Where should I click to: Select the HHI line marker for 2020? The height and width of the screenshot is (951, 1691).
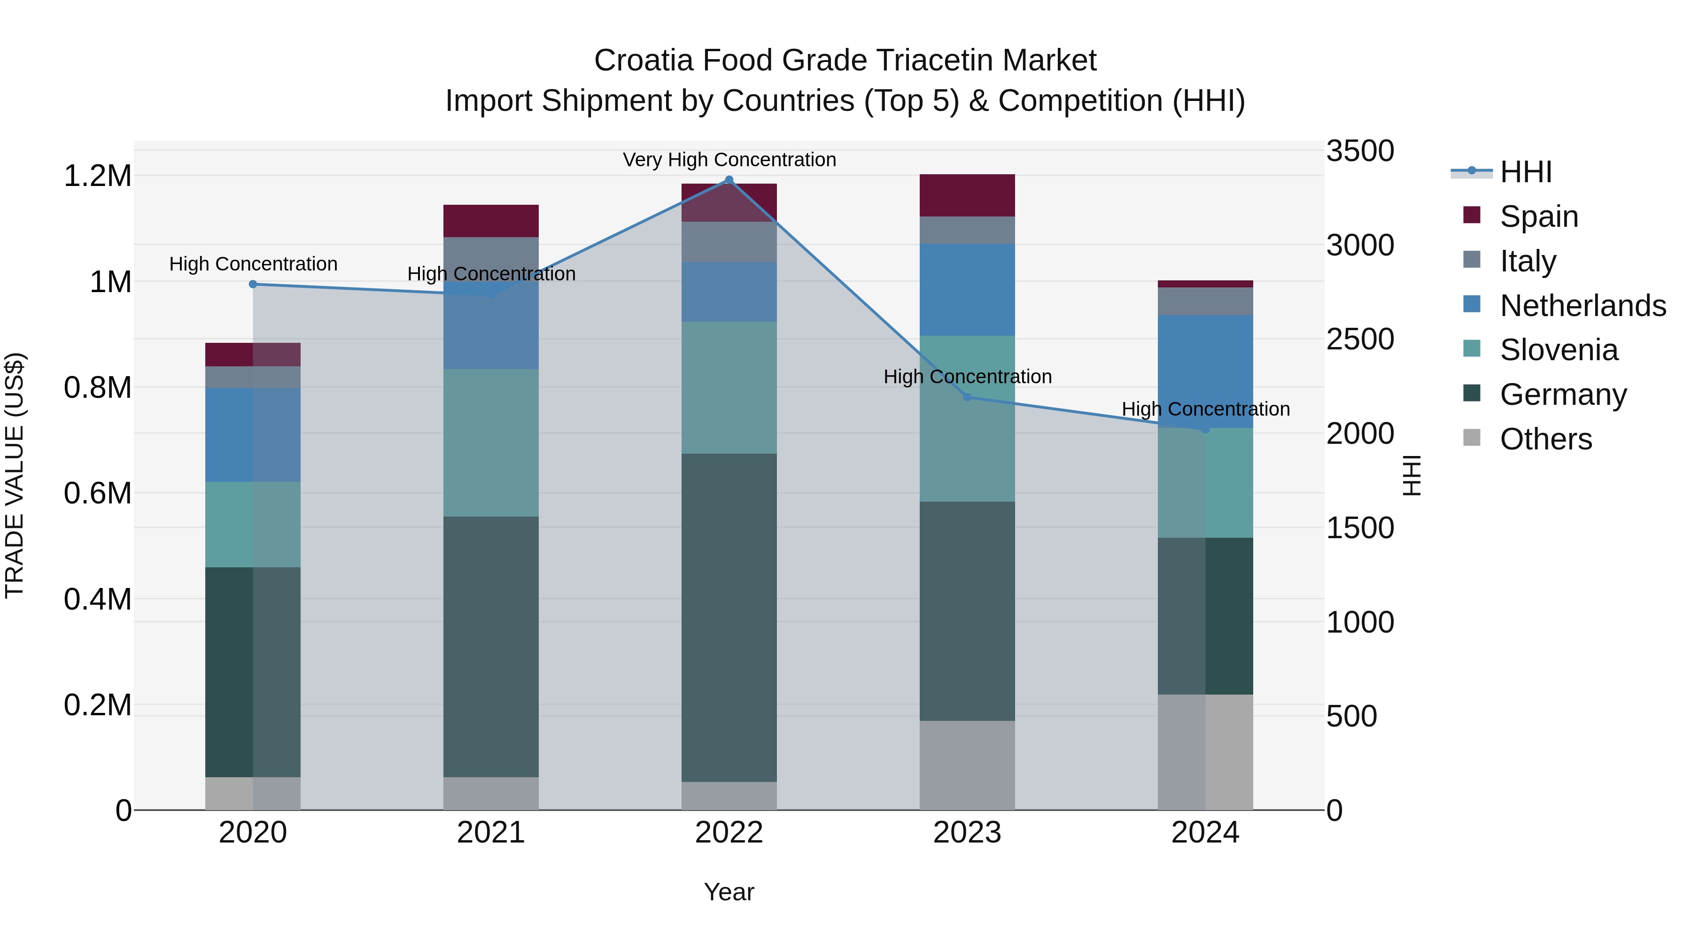coord(253,284)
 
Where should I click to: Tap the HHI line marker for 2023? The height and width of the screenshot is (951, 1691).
coord(967,397)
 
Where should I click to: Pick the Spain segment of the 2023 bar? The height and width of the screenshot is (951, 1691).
coord(967,195)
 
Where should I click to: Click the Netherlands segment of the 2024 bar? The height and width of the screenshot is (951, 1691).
coord(1205,371)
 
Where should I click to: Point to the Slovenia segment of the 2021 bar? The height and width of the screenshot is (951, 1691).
coord(491,442)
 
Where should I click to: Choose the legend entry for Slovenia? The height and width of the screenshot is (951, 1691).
coord(1559,350)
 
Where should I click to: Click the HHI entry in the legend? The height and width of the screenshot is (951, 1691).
coord(1526,172)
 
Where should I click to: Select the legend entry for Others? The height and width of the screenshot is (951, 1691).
coord(1545,439)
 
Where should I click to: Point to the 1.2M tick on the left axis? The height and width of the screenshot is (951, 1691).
coord(97,176)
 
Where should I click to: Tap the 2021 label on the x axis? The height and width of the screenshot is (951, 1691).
coord(491,833)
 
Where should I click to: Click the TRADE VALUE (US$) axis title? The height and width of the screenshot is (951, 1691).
coord(15,475)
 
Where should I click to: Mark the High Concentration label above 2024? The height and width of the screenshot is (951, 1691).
coord(1205,409)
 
